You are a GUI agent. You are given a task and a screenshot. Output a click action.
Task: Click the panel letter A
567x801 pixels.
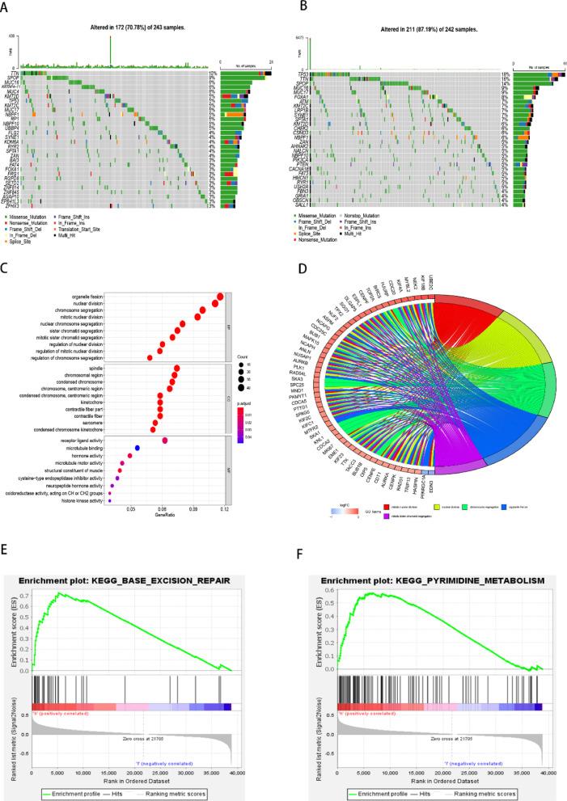[x=6, y=6]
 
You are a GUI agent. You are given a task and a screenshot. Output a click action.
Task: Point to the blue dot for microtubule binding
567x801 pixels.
[x=138, y=447]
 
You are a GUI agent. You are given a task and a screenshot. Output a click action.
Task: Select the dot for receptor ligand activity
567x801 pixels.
[x=165, y=440]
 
